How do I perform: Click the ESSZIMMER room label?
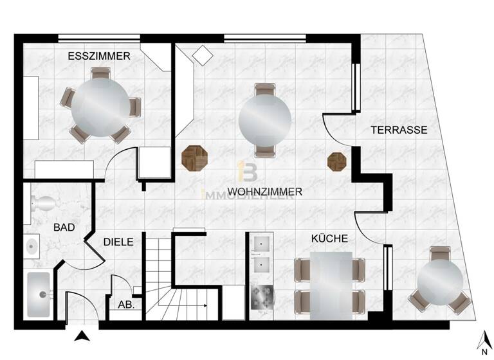point(99,57)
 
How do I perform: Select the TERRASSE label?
point(399,130)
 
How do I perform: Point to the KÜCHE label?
point(329,239)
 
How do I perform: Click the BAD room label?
point(64,228)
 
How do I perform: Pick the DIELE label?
point(118,242)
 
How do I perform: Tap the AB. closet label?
point(126,305)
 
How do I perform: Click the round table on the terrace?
point(440,281)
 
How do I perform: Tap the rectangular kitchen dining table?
point(331,285)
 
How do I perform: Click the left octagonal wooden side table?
point(194,158)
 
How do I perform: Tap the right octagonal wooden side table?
point(337,161)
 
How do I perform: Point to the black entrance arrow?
point(81,335)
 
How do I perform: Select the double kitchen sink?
point(262,253)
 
